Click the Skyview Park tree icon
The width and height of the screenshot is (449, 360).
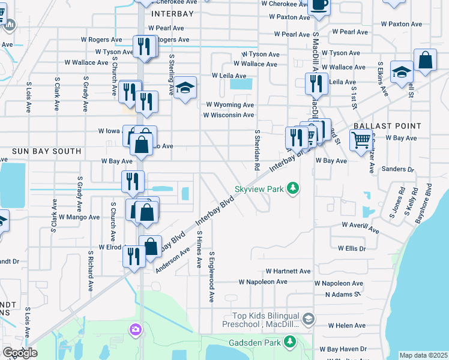coord(293,189)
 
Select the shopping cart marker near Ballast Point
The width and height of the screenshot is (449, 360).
coord(360,141)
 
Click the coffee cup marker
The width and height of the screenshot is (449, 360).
coord(319,6)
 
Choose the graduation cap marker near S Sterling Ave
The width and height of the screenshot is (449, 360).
coord(185,88)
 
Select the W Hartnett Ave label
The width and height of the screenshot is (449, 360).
coord(288,271)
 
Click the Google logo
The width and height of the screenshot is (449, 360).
coord(20,353)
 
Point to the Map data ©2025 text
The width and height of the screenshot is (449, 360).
coord(423,355)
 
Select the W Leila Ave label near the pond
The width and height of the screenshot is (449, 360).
coord(229,76)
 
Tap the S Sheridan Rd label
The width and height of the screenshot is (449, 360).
coord(257,150)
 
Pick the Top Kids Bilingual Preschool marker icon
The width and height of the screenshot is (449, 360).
coord(309,318)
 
